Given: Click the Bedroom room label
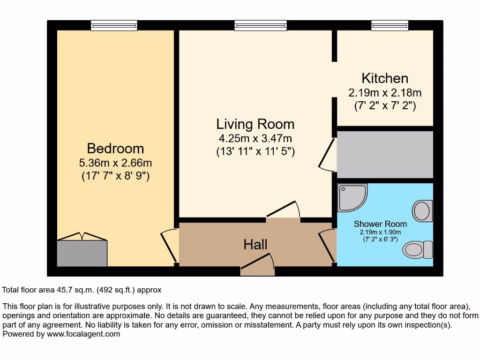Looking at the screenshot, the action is click(115, 149).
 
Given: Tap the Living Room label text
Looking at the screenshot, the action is click(255, 124).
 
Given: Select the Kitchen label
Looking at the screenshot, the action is click(385, 78).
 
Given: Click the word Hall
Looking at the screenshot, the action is click(255, 244).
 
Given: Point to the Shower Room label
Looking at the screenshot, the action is click(380, 224).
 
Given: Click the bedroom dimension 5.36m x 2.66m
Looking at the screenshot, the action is click(115, 163).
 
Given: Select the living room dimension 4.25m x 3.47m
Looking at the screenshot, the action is click(255, 138).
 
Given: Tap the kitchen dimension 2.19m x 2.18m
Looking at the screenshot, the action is click(385, 92).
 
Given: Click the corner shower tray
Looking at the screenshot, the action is click(352, 198).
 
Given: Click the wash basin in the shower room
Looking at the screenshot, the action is click(422, 210).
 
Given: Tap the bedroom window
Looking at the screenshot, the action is click(114, 25).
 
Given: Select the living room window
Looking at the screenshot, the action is click(261, 25).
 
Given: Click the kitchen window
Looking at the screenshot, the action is click(390, 25).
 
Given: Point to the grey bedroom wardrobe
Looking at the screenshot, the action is click(82, 253).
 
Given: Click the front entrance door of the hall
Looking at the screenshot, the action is click(257, 265).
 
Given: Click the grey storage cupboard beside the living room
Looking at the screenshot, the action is click(385, 155).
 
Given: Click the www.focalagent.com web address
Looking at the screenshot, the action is click(83, 334).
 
